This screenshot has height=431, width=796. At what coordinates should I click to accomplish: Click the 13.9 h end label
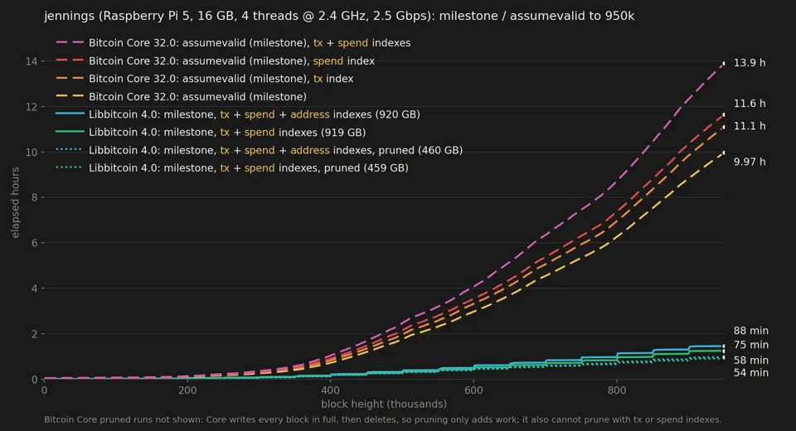coord(750,63)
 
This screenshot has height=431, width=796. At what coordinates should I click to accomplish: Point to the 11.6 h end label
coord(750,104)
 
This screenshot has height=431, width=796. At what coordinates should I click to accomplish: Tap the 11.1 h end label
coord(750,126)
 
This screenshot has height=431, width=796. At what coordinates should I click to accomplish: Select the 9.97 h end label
coord(750,162)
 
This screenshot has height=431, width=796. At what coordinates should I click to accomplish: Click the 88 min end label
coord(751,331)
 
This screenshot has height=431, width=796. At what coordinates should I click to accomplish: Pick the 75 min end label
coord(751,345)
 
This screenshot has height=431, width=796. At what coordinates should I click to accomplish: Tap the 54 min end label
coord(751,373)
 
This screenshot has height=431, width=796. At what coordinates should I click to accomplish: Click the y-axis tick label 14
coord(32,61)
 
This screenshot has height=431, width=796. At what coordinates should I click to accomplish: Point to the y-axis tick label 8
coord(35,197)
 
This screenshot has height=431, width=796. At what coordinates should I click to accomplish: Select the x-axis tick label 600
coord(473,390)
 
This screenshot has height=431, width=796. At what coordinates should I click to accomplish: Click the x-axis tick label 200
coord(187,390)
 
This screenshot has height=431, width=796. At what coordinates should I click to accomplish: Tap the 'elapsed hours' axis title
coord(15,202)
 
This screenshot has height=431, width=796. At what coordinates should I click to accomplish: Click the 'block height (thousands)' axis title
coord(384,404)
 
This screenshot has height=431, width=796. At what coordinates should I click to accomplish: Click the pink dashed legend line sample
coord(70,42)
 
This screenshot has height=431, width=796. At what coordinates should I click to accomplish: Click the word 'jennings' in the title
coord(69,17)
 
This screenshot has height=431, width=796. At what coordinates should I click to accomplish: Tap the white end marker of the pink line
coord(724,64)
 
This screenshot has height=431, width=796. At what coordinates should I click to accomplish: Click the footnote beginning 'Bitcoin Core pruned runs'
coord(383,420)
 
